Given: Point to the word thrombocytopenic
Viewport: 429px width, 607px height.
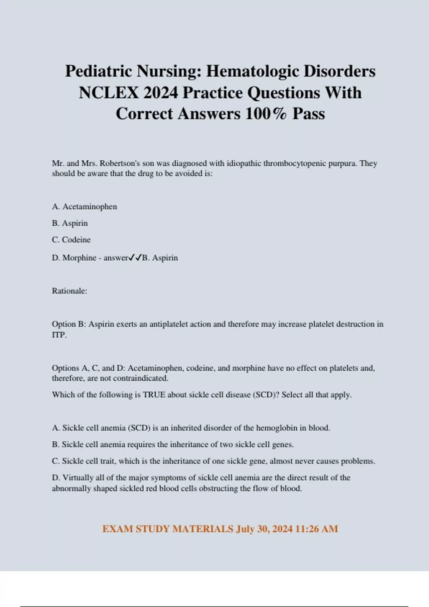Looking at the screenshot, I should [x=292, y=164].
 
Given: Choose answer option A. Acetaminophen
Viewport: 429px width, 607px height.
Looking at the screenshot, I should [x=84, y=207].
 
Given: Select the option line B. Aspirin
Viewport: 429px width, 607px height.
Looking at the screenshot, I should [x=70, y=223].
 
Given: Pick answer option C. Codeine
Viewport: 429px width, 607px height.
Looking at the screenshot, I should [x=71, y=240].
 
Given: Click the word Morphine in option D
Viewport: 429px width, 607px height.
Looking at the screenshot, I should [x=79, y=258].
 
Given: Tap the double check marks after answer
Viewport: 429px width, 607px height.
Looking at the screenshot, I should [x=135, y=257].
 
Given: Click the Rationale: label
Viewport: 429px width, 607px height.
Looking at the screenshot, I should [x=69, y=291].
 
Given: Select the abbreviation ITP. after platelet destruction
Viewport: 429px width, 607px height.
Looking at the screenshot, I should [x=59, y=335].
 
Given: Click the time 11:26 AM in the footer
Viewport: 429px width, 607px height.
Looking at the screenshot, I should [x=317, y=529].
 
